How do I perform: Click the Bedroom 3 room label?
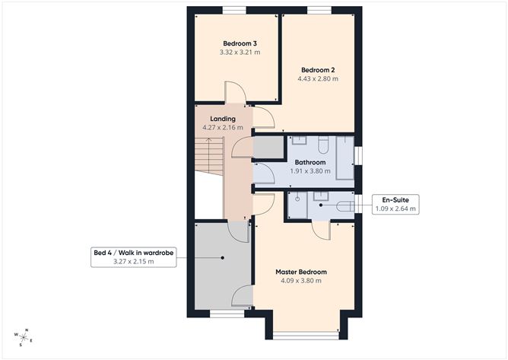pyautogui.click(x=240, y=43)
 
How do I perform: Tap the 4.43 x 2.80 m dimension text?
pyautogui.click(x=318, y=79)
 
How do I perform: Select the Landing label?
pyautogui.click(x=223, y=119)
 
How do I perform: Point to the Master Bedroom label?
pyautogui.click(x=301, y=272)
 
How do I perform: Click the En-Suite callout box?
pyautogui.click(x=395, y=204)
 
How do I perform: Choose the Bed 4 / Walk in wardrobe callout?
pyautogui.click(x=134, y=257)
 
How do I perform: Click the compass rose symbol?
pyautogui.click(x=24, y=338)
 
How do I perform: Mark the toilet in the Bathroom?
pyautogui.click(x=323, y=145)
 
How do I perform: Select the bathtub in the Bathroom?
pyautogui.click(x=344, y=158)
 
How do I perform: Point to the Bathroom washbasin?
pyautogui.click(x=299, y=140)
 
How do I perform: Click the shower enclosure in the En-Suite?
pyautogui.click(x=297, y=205)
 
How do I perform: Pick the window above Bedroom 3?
pyautogui.click(x=234, y=11)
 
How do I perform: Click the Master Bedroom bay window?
pyautogui.click(x=306, y=336)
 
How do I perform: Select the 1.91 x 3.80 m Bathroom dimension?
pyautogui.click(x=310, y=171)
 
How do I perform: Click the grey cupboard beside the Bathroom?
pyautogui.click(x=268, y=148)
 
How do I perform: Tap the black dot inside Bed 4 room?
pyautogui.click(x=223, y=258)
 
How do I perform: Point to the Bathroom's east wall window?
pyautogui.click(x=358, y=156)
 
